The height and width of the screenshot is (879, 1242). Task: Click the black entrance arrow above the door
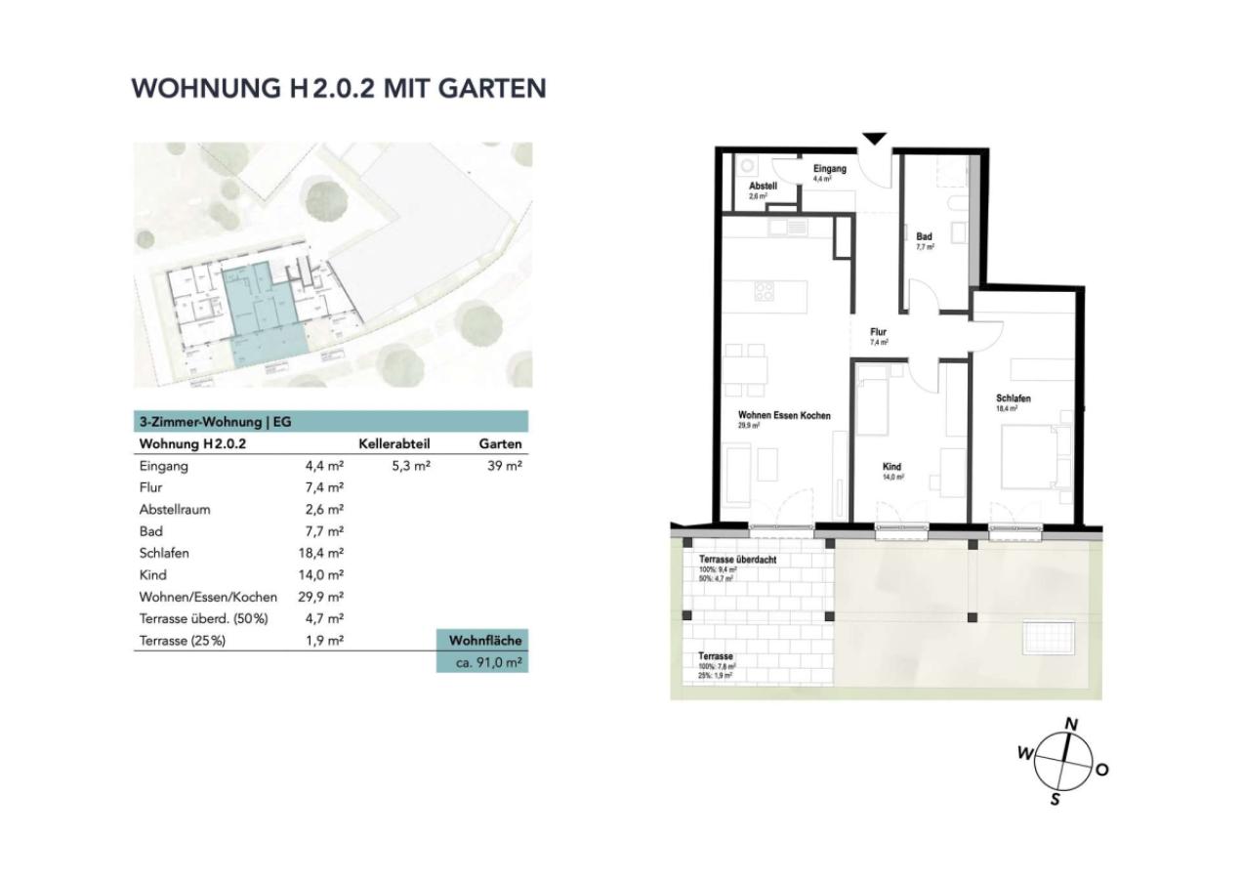874,139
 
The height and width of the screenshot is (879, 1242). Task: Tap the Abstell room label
763,186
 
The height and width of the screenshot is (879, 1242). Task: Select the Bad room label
925,236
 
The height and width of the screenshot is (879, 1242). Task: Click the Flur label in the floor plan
879,332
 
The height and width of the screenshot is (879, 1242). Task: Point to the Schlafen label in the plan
1014,398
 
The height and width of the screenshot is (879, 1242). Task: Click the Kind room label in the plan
890,467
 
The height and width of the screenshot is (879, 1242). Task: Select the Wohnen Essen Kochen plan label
784,416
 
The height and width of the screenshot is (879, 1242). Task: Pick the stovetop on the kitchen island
764,290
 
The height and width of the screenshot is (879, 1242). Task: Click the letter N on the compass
1071,725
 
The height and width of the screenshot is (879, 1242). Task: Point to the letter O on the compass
1101,770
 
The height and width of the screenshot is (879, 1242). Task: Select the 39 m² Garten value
505,467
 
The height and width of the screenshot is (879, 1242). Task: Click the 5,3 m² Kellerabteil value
411,467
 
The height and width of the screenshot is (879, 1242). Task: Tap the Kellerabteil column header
394,443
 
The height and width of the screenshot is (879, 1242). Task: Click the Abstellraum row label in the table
176,509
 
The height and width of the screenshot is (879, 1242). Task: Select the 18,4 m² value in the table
324,553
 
